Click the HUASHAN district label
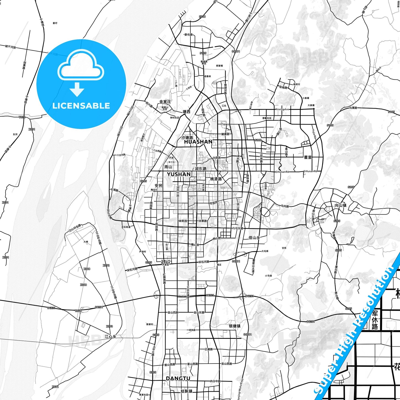pos(198,142)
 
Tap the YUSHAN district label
pos(179,174)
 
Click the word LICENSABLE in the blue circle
pos(81,105)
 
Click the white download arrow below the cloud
pos(77,89)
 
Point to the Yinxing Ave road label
pos(282,109)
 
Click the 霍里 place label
pos(308,157)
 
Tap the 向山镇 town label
pos(340,205)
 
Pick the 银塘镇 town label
pos(234,326)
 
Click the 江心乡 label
pos(110,337)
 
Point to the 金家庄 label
pos(165,102)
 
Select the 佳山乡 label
pos(254,238)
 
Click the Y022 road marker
pos(22,117)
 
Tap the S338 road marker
pos(202,17)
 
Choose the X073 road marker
pos(109,326)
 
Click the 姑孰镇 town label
pos(186,391)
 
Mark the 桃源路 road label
pos(216,179)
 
